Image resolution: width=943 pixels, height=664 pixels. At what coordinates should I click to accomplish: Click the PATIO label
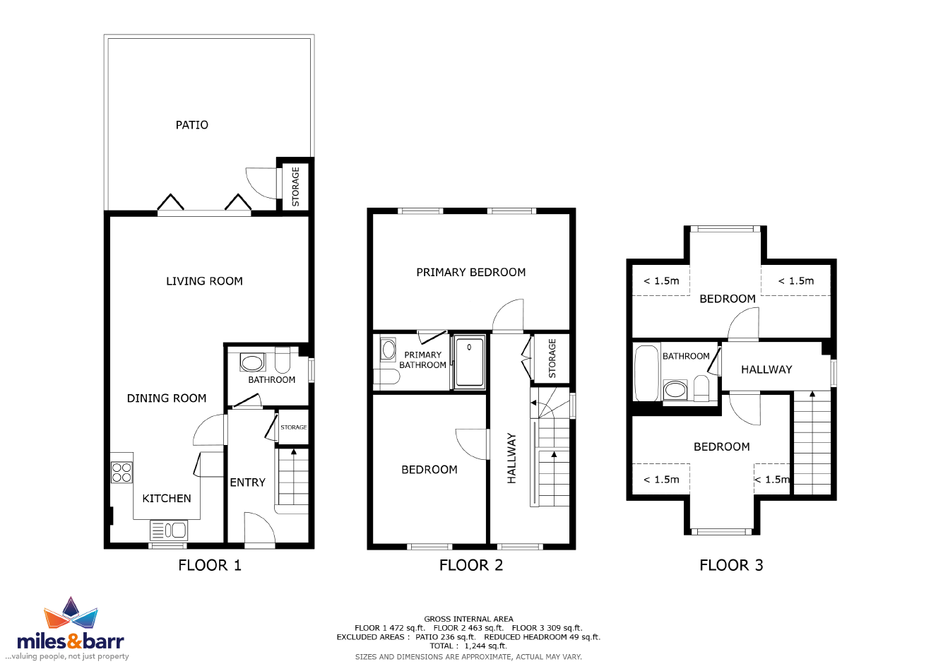192,125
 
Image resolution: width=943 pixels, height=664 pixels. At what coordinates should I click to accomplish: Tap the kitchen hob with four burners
121,472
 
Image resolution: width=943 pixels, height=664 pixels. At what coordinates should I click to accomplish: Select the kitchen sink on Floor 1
169,530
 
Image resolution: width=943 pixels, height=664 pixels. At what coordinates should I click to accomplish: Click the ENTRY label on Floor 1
247,482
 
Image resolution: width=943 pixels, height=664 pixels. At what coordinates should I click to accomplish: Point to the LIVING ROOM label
205,281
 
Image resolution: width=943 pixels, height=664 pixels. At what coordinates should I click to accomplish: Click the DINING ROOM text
167,398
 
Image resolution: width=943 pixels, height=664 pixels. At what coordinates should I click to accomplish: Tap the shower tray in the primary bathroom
470,362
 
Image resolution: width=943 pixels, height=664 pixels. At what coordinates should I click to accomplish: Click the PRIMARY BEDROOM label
471,273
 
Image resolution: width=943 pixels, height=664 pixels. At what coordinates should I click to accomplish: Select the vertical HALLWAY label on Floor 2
511,458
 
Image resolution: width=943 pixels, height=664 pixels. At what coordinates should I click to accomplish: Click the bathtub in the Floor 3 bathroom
646,373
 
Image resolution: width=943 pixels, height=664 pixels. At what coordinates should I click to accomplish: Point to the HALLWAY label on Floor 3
766,369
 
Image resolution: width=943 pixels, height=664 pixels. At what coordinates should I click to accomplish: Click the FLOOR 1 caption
210,565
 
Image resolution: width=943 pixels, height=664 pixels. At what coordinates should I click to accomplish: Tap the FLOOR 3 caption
731,565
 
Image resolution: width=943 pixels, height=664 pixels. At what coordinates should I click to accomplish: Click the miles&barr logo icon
71,613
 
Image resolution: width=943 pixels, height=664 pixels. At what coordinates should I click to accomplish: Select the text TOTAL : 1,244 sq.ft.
468,646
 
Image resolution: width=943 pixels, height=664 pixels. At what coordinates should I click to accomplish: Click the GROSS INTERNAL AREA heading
468,619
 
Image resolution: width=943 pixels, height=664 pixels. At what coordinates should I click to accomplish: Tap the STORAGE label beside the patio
295,186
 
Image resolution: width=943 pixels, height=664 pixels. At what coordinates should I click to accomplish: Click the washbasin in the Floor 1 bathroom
252,362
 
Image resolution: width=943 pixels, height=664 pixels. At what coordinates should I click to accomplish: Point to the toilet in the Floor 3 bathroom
701,389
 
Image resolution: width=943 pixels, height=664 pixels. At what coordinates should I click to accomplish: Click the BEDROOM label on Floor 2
429,470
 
